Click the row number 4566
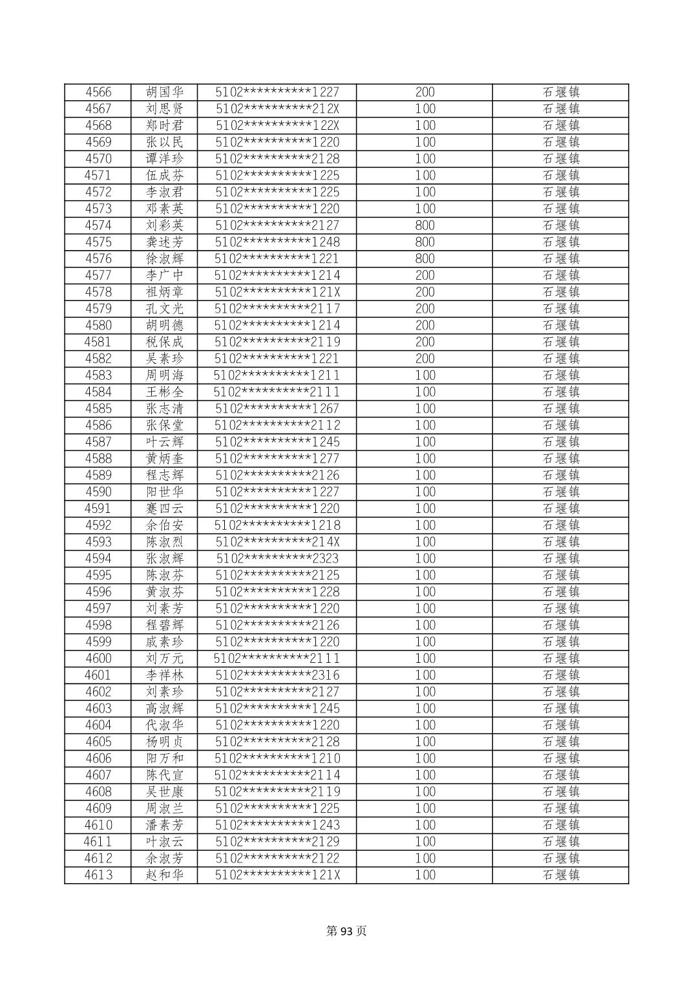coord(98,92)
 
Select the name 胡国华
coord(165,92)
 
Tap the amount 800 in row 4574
coord(425,225)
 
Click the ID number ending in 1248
coord(277,242)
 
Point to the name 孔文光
coord(165,309)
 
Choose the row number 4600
coord(98,658)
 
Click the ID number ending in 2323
coord(277,558)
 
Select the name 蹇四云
coord(165,508)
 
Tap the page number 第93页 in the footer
coord(346,931)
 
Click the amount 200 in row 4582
coord(425,359)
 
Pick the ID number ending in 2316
coord(277,675)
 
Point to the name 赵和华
coord(165,875)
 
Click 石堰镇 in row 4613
coord(560,875)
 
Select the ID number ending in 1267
coord(277,408)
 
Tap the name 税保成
coord(165,342)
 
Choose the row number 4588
coord(98,459)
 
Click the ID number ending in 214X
coord(277,542)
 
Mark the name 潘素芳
coord(165,825)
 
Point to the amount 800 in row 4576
coord(425,258)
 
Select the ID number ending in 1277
coord(277,459)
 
